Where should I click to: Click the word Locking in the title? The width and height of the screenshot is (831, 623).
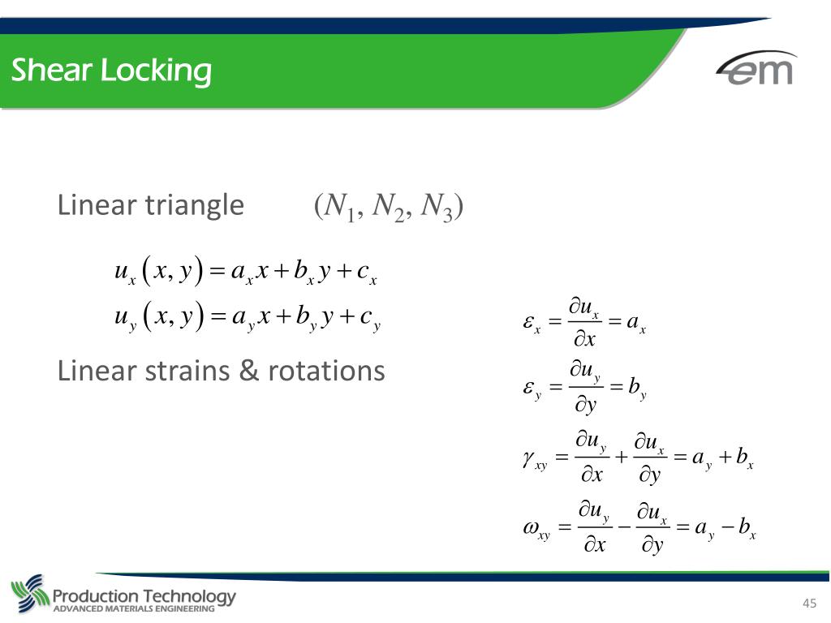pyautogui.click(x=156, y=72)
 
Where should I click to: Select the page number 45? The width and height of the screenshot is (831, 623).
pyautogui.click(x=808, y=603)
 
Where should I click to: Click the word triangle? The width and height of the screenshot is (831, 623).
pyautogui.click(x=194, y=205)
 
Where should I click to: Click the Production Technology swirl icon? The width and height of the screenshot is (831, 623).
pyautogui.click(x=29, y=595)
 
